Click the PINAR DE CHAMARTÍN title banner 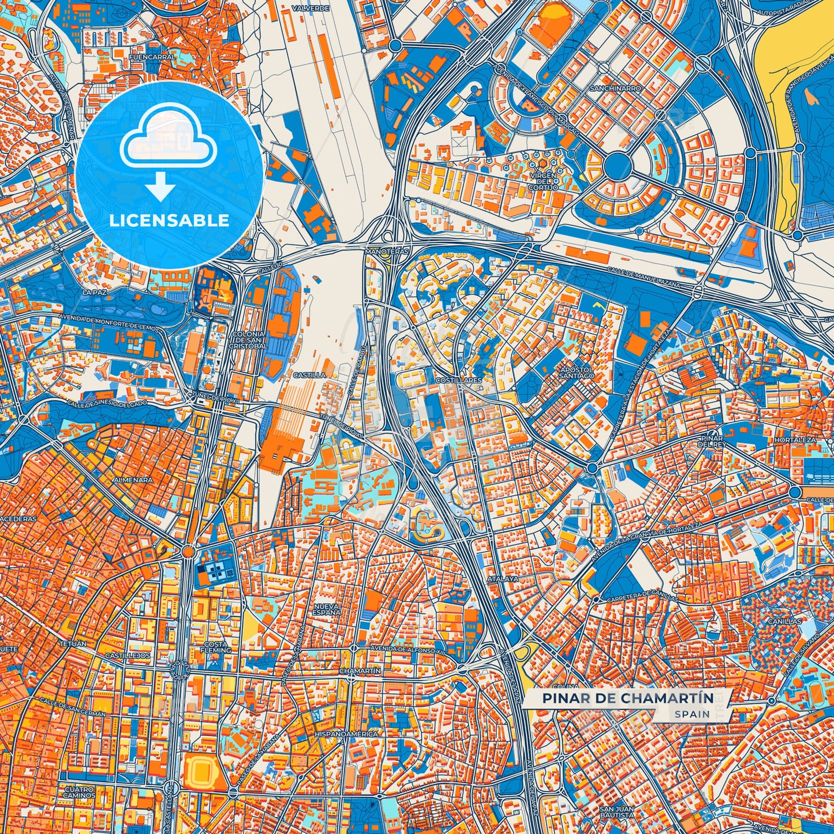point(627,698)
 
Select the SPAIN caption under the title point(692,714)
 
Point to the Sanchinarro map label point(615,89)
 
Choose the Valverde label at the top point(311,9)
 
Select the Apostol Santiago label point(577,372)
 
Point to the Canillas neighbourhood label point(784,622)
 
